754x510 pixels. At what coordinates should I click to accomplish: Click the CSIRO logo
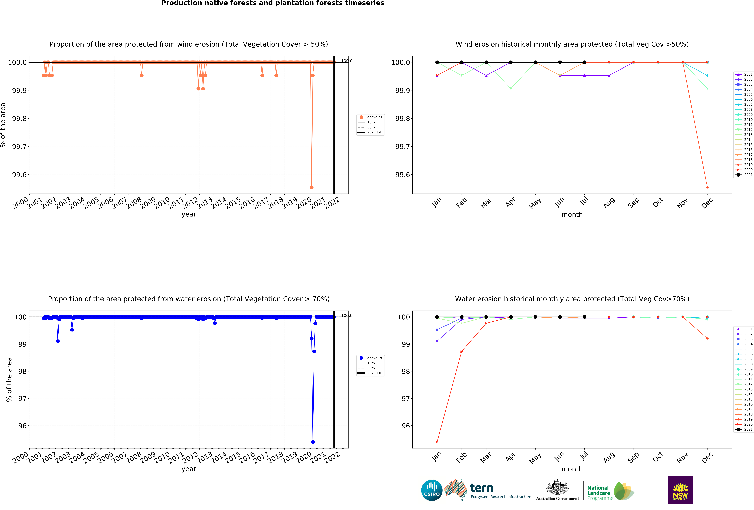pyautogui.click(x=432, y=490)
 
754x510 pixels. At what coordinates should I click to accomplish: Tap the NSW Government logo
pyautogui.click(x=680, y=490)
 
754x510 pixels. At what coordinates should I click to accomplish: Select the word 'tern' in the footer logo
pyautogui.click(x=482, y=488)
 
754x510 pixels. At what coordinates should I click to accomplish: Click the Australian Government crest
pyautogui.click(x=557, y=487)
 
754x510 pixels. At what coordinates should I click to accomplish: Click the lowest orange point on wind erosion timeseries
pyautogui.click(x=311, y=187)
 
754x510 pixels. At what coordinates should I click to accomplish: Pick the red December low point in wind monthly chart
pyautogui.click(x=707, y=187)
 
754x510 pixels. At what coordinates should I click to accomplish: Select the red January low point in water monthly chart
pyautogui.click(x=437, y=442)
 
